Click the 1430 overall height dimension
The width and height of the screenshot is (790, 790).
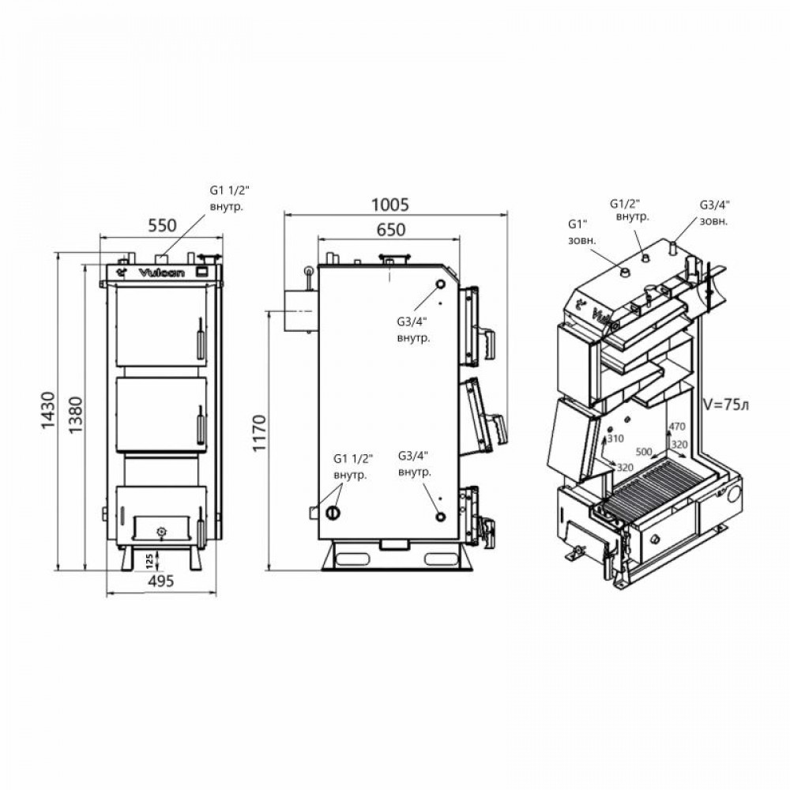click(47, 412)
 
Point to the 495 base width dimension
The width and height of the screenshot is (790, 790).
click(159, 581)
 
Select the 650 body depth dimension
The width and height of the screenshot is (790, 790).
click(389, 230)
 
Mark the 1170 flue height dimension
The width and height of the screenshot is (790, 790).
click(259, 439)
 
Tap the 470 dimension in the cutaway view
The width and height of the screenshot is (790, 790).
click(677, 427)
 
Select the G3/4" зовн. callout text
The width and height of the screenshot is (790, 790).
click(717, 213)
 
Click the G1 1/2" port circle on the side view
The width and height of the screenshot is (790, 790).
click(333, 513)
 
